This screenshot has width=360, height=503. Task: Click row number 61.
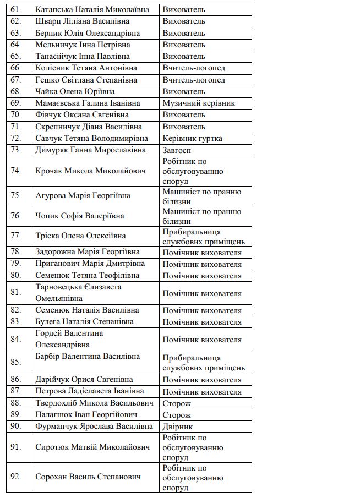pyautogui.click(x=15, y=9)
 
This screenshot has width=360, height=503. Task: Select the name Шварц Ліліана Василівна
pyautogui.click(x=82, y=21)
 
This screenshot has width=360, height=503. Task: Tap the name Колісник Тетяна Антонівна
pyautogui.click(x=86, y=68)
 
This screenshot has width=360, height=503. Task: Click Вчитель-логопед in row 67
pyautogui.click(x=194, y=80)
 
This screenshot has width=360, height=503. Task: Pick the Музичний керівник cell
pyautogui.click(x=199, y=103)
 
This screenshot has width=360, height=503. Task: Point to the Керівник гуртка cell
pyautogui.click(x=192, y=138)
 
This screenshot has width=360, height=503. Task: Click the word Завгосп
pyautogui.click(x=177, y=150)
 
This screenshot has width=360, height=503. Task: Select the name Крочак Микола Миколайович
pyautogui.click(x=90, y=171)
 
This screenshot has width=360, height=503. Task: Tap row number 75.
pyautogui.click(x=15, y=195)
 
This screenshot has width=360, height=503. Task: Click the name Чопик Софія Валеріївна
pyautogui.click(x=79, y=216)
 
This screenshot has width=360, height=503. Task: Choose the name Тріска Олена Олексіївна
pyautogui.click(x=80, y=236)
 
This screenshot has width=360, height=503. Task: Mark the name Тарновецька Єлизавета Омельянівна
pyautogui.click(x=78, y=293)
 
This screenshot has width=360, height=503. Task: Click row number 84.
pyautogui.click(x=15, y=339)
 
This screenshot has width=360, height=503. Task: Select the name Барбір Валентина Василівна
pyautogui.click(x=88, y=356)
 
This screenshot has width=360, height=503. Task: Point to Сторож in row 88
pyautogui.click(x=177, y=403)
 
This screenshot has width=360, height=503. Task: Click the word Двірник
pyautogui.click(x=177, y=427)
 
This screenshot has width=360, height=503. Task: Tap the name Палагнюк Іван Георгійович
pyautogui.click(x=86, y=414)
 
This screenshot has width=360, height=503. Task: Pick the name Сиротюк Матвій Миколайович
pyautogui.click(x=92, y=447)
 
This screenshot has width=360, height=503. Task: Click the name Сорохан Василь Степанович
pyautogui.click(x=88, y=477)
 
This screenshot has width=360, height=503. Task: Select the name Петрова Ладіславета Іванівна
pyautogui.click(x=90, y=391)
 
